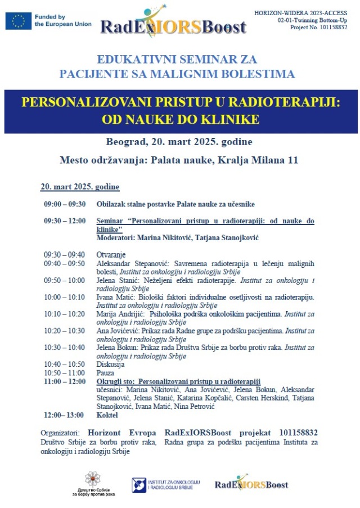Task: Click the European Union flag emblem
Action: click(x=18, y=21)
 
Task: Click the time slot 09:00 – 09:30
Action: click(x=65, y=204)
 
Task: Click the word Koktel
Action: click(x=107, y=415)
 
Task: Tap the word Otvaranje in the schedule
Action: click(x=111, y=255)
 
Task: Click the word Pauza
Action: click(x=106, y=372)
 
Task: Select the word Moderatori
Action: click(x=116, y=238)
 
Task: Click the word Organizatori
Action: click(x=58, y=433)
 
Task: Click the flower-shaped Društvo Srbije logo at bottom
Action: click(x=93, y=479)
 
